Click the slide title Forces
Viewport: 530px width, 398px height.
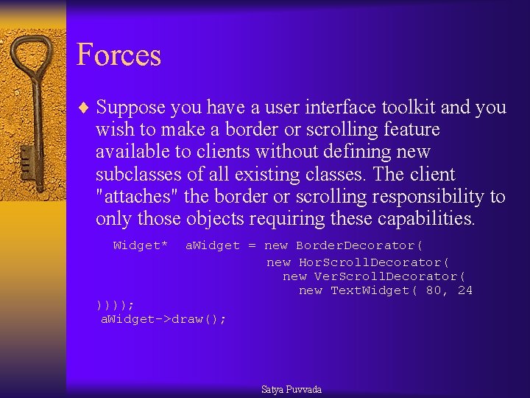click(119, 55)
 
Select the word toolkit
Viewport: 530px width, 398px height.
click(409, 108)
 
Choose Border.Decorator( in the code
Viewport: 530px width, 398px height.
click(360, 245)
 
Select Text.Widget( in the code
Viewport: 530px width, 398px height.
click(374, 290)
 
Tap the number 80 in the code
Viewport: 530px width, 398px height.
click(437, 290)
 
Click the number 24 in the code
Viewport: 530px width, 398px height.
click(464, 290)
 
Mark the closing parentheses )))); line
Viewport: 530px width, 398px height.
click(115, 304)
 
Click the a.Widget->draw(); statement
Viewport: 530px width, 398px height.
click(163, 318)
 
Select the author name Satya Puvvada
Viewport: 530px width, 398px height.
click(291, 389)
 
